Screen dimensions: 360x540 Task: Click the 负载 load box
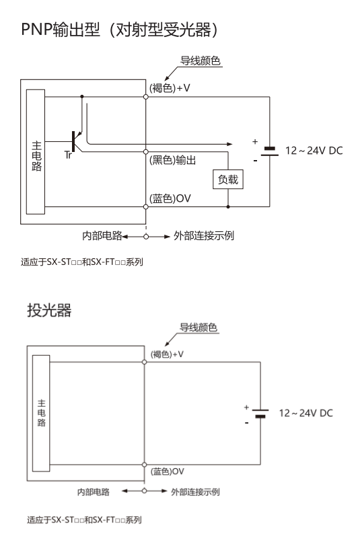[x=228, y=179]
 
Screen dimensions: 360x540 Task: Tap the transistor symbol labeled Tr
[x=74, y=141]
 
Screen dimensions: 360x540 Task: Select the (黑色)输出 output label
[x=172, y=160]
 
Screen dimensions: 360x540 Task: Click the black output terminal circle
[x=146, y=152]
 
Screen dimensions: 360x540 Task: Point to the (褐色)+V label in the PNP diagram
[x=170, y=88]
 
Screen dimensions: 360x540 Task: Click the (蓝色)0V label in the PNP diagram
[x=170, y=198]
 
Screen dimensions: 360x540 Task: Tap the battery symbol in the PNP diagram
[x=270, y=151]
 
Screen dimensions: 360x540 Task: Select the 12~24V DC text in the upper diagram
[x=314, y=151]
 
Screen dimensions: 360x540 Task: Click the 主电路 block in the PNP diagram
[x=36, y=151]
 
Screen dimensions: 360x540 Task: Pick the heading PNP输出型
[x=61, y=30]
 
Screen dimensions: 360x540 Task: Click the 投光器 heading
[x=49, y=310]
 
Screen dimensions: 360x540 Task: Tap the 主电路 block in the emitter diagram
[x=41, y=414]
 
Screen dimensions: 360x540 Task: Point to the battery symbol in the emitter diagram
[x=260, y=414]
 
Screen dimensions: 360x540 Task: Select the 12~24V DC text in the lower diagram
[x=306, y=413]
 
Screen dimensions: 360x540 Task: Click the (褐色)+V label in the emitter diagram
[x=167, y=354]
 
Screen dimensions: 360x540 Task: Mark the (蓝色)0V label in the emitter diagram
[x=168, y=471]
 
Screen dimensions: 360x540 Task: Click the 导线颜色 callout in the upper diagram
[x=200, y=61]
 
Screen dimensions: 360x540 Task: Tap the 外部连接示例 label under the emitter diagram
[x=195, y=492]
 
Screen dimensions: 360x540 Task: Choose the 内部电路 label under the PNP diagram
[x=102, y=235]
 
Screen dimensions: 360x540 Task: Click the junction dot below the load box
[x=228, y=206]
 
